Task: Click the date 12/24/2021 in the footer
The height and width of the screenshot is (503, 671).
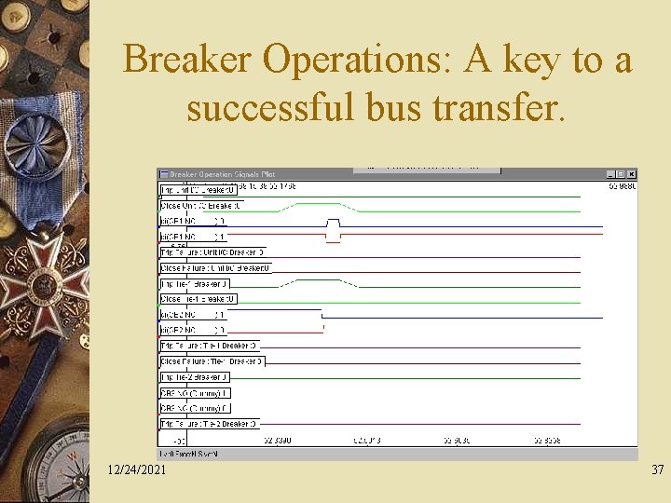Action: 137,469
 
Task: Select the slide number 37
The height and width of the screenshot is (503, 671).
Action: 657,469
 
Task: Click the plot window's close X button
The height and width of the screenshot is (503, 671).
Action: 632,174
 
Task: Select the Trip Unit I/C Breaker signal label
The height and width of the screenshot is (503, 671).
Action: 199,190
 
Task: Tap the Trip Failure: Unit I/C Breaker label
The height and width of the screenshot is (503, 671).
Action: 212,252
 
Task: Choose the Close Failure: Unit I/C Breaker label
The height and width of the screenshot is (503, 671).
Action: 215,268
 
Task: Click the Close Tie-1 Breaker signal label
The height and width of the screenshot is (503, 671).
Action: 199,299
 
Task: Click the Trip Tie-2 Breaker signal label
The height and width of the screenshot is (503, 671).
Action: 195,377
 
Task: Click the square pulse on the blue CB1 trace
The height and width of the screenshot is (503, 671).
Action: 333,222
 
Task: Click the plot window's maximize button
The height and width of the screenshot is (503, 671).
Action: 621,174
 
